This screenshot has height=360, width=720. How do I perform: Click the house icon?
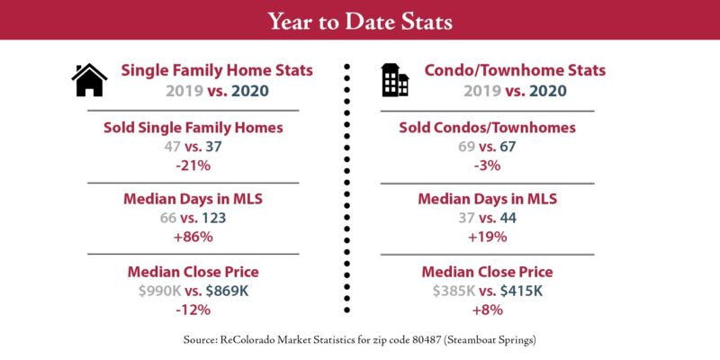[x=89, y=80]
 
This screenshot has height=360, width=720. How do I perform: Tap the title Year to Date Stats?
[x=360, y=20]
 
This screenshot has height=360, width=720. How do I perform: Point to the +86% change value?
[x=193, y=237]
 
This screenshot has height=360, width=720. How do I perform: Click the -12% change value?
[x=193, y=310]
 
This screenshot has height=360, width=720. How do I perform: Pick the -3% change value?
[x=487, y=166]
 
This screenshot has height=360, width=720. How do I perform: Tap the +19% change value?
[x=487, y=237]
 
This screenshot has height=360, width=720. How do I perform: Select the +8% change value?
[x=487, y=310]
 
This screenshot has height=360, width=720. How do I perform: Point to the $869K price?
[x=229, y=291]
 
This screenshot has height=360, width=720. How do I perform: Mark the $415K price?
[x=524, y=291]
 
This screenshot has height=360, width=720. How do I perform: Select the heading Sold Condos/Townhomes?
[x=487, y=128]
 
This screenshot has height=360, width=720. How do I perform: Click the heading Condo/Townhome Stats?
[x=514, y=70]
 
